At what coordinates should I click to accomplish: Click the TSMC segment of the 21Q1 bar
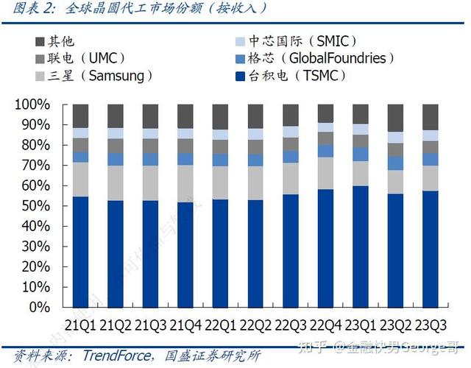point(80,250)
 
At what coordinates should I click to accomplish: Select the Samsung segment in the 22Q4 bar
point(326,173)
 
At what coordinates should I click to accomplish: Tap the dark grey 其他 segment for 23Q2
point(396,117)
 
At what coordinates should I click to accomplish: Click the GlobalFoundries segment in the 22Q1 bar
point(221,160)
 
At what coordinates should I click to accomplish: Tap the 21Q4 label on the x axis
point(186,325)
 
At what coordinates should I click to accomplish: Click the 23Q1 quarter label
point(361,325)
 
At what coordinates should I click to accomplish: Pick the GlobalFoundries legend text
point(337,58)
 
